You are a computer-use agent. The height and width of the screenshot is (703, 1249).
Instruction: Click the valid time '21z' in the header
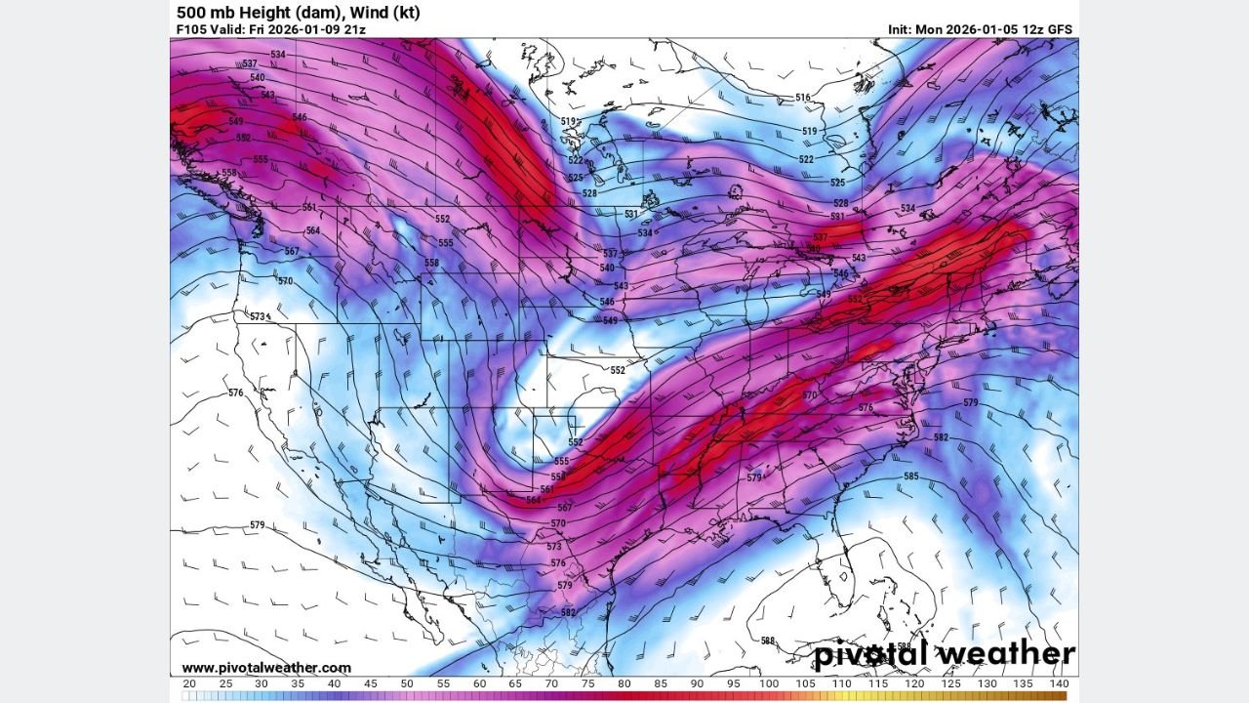coord(354,29)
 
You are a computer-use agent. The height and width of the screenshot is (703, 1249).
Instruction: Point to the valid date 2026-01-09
coord(303,29)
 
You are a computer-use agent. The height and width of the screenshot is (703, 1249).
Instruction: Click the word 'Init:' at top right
coord(901,29)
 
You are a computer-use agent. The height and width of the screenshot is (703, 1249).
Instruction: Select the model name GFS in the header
coord(1059,29)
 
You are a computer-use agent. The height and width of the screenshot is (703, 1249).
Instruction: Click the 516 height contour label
coord(803,98)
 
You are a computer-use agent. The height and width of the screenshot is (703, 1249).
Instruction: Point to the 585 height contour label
coord(910,476)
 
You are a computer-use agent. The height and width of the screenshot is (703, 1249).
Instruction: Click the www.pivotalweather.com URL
coord(266,668)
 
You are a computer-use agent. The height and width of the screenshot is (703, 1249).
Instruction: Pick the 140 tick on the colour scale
coord(1060,683)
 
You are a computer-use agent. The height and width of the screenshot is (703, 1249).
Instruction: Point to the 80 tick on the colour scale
coord(624,683)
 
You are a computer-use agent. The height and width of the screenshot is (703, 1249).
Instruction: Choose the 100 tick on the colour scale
coord(769,683)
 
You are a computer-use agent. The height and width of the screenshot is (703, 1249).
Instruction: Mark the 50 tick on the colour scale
coord(406,683)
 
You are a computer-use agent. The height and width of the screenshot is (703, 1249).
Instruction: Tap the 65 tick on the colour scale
coord(515,683)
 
